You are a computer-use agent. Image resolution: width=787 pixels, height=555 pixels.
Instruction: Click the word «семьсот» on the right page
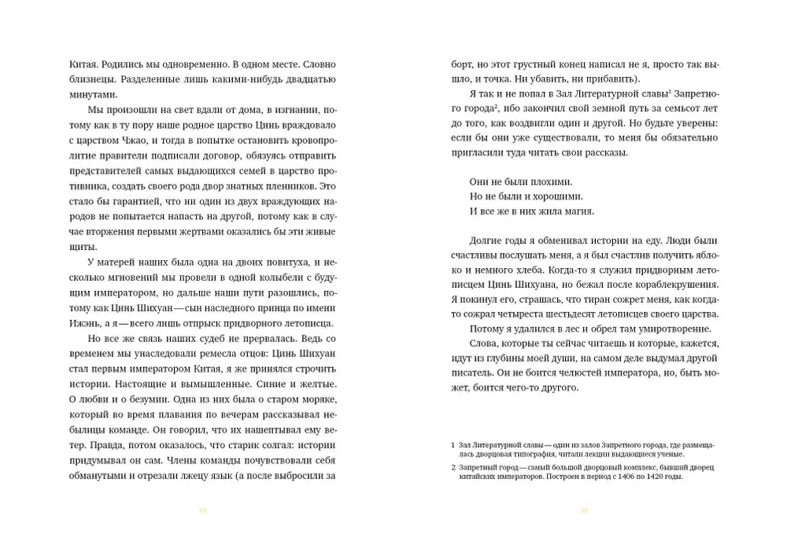click(660, 108)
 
